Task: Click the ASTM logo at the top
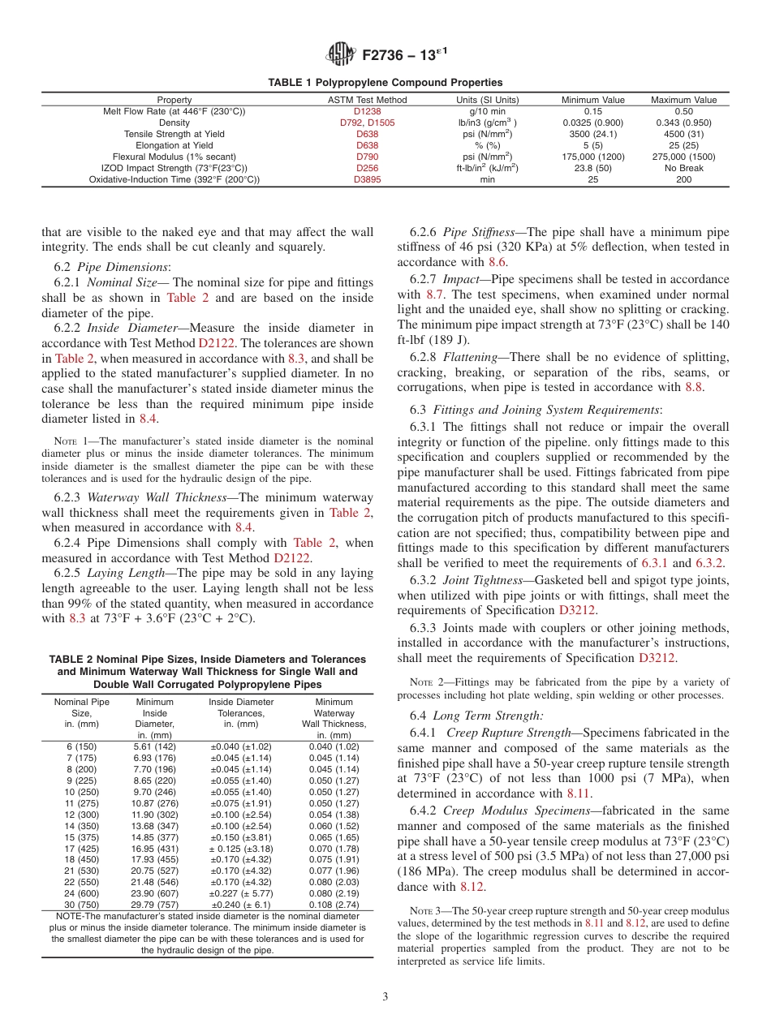click(340, 54)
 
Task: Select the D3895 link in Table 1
click(367, 179)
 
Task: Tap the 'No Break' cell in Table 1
click(683, 168)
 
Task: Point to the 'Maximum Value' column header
click(683, 100)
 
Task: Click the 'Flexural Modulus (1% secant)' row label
click(174, 157)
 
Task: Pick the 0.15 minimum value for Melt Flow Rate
click(593, 111)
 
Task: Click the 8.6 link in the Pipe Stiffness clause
click(497, 262)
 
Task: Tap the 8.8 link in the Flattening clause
click(694, 387)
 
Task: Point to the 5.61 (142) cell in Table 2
click(154, 746)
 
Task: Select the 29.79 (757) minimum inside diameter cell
click(154, 905)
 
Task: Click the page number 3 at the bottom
click(385, 997)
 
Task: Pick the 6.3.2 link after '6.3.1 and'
click(711, 562)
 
